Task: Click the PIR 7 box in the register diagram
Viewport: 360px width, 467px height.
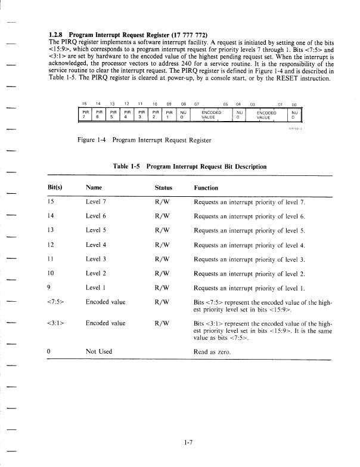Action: [x=86, y=114]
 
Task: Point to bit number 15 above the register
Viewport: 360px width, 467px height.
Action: [x=85, y=103]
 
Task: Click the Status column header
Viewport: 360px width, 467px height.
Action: [x=163, y=187]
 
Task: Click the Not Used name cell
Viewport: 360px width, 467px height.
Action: [x=99, y=352]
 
